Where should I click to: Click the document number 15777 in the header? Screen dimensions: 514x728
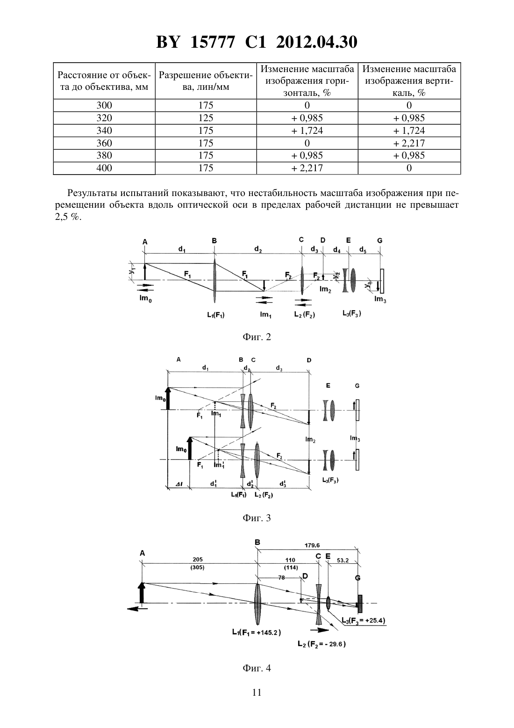(x=212, y=42)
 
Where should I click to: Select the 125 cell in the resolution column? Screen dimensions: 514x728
(x=206, y=117)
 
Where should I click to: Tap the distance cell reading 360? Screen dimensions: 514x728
(x=104, y=143)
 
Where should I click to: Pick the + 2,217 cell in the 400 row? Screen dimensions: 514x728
(x=307, y=168)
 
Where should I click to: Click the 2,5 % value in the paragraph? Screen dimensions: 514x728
(x=68, y=217)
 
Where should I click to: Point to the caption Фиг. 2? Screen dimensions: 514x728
(x=257, y=337)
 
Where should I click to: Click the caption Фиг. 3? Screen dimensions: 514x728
(x=257, y=518)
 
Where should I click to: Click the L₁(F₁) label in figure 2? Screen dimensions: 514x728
(x=216, y=315)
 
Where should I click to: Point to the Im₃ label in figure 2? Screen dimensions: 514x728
(x=380, y=299)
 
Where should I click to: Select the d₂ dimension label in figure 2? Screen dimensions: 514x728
(x=258, y=249)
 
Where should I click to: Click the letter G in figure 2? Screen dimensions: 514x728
(x=379, y=240)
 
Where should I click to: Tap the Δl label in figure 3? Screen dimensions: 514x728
(x=179, y=484)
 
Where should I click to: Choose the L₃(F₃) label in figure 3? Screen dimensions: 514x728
(x=330, y=480)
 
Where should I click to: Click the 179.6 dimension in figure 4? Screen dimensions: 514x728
(x=312, y=546)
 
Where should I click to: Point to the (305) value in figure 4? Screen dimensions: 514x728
(x=198, y=568)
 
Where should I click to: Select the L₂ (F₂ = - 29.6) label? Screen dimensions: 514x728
(x=321, y=644)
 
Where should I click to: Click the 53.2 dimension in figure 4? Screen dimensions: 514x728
(x=343, y=560)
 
